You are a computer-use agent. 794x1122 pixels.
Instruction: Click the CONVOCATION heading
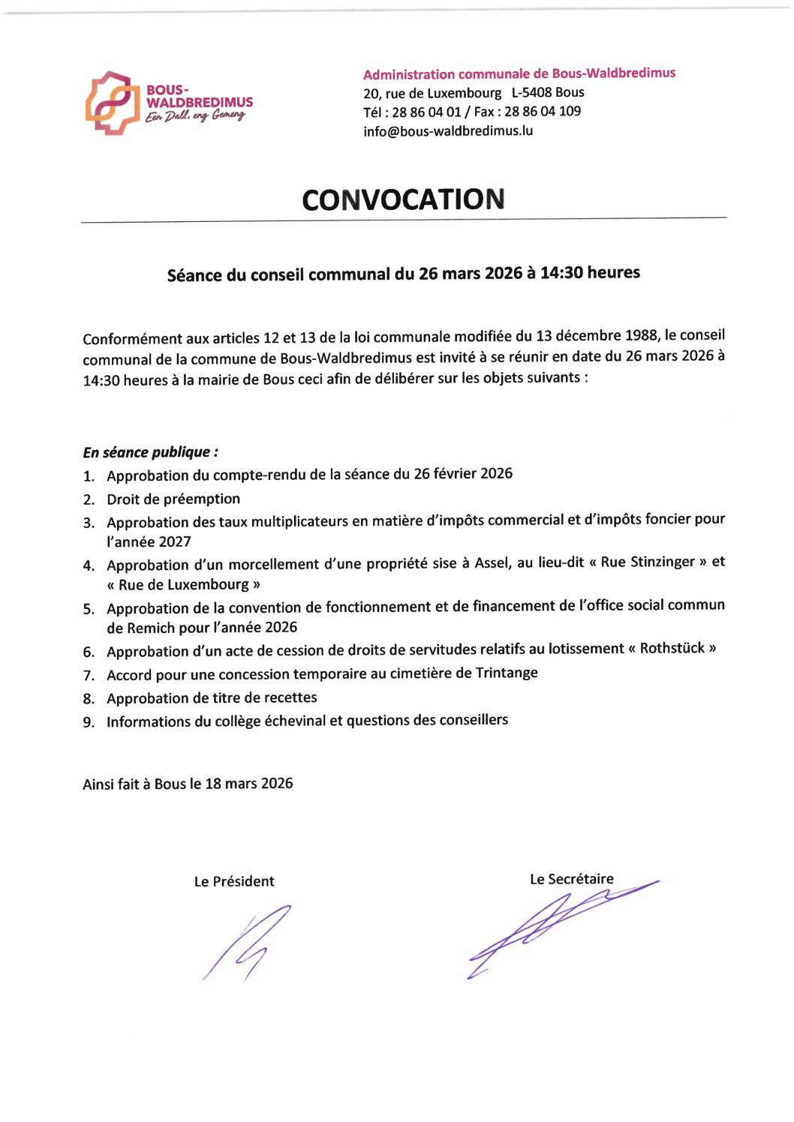coord(403,199)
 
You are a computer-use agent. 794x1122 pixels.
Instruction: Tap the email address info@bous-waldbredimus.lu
coord(448,130)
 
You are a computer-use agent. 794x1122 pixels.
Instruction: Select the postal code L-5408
coord(531,93)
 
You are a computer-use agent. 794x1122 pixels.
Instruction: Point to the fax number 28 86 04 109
coord(543,112)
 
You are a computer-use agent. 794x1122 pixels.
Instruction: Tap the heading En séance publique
coord(150,452)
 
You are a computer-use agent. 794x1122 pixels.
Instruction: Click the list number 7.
coord(89,676)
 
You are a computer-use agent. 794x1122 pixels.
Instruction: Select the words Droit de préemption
coord(173,499)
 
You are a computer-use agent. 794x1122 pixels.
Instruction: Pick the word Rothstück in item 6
coord(672,648)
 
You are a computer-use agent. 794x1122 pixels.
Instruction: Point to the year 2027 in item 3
coord(173,541)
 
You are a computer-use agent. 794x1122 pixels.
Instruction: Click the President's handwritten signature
coord(248,943)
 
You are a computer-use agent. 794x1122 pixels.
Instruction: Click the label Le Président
coord(234,881)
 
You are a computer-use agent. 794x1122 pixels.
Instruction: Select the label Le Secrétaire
coord(571,879)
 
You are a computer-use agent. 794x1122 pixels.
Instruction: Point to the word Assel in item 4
coord(492,563)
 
